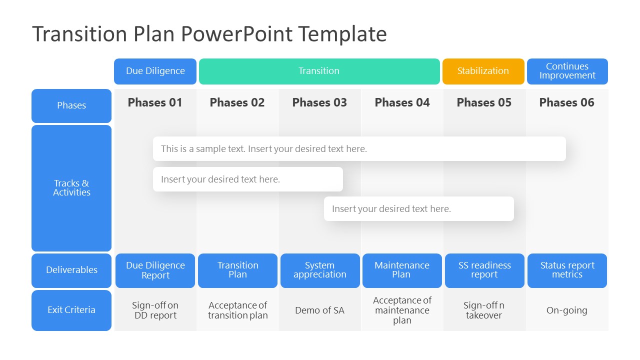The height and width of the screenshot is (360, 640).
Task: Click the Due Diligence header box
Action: (155, 71)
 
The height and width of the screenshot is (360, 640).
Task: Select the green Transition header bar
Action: (319, 71)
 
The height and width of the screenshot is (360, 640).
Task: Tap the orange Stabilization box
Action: (483, 71)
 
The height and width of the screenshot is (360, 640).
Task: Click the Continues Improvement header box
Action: (567, 71)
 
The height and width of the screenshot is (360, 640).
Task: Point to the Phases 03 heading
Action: (319, 102)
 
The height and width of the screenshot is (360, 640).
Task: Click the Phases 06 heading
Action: (566, 102)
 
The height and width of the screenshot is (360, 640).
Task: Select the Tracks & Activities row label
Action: (71, 188)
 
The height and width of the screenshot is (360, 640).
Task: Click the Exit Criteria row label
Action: (71, 310)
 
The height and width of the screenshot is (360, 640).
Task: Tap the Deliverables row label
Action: (71, 270)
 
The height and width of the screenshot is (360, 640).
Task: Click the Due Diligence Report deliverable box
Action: (155, 270)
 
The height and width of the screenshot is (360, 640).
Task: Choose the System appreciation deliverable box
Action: (320, 270)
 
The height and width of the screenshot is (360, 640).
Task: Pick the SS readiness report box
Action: (484, 270)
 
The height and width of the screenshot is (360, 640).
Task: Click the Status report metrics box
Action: (567, 270)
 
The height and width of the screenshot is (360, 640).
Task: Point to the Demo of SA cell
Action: (319, 310)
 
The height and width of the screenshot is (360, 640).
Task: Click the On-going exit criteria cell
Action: (566, 310)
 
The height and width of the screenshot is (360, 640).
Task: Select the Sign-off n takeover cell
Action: (484, 310)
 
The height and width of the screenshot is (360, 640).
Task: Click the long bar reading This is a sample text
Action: (359, 149)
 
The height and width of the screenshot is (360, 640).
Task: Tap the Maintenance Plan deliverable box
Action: (402, 270)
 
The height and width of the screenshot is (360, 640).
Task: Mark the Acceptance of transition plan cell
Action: (237, 310)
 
